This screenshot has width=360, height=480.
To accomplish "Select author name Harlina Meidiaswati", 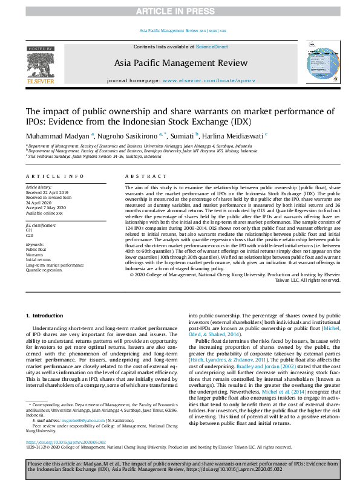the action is pos(232,135).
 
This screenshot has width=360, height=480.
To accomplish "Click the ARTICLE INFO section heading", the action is pos(54,176).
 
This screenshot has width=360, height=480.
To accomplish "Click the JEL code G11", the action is pos(29,230).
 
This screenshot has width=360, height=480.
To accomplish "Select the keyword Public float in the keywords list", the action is pos(36,249).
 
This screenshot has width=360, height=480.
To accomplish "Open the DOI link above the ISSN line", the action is pos(67,442).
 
